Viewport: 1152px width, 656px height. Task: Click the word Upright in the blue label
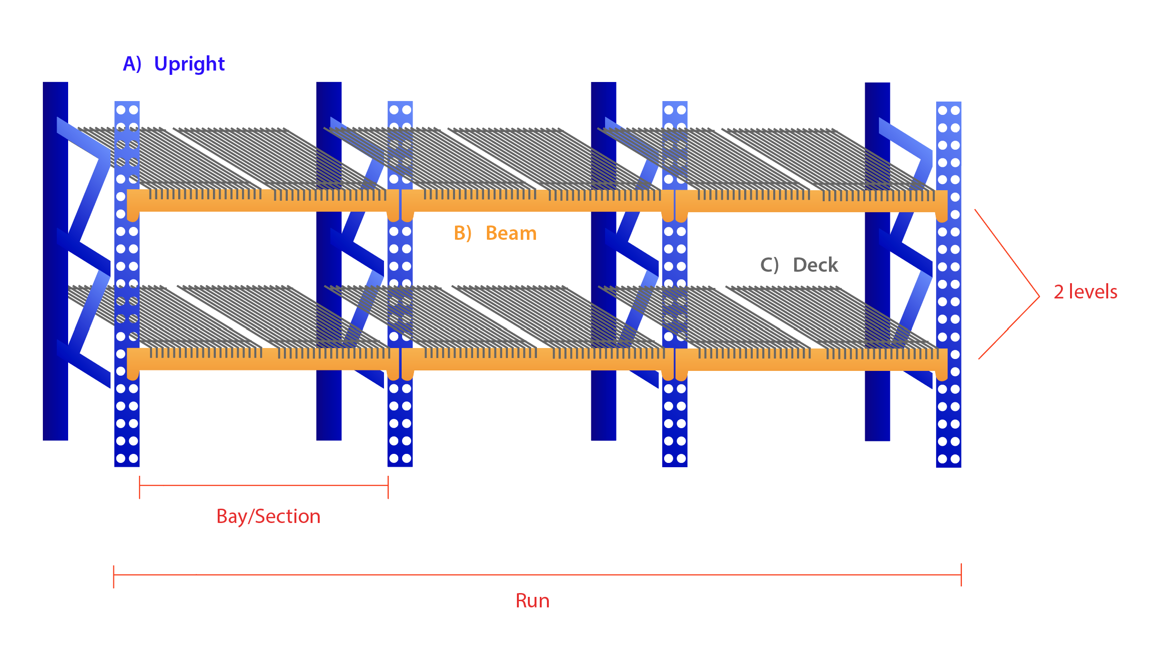(189, 64)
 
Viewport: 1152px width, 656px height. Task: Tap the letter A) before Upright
(132, 64)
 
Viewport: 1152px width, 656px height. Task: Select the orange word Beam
(511, 234)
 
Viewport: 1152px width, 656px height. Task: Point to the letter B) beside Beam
(462, 234)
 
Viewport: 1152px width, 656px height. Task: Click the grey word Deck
(815, 265)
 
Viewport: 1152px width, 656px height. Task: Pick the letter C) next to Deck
(769, 265)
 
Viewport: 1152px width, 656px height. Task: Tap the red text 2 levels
(1085, 292)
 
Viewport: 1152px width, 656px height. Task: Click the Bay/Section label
(268, 516)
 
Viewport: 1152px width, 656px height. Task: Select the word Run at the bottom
(532, 601)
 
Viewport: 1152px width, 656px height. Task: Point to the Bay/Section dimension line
(263, 485)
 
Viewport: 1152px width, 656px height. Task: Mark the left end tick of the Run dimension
(114, 576)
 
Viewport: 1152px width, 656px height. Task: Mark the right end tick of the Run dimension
(961, 575)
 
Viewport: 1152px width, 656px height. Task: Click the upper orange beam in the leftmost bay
(262, 205)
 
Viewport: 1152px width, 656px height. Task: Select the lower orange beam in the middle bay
(537, 364)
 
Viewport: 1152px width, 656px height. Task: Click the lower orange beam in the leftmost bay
(262, 364)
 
